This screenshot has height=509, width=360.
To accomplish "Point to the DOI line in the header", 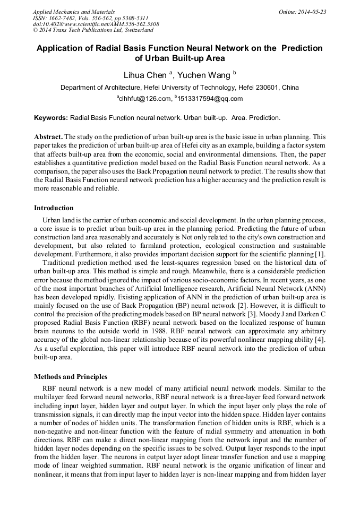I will pyautogui.click(x=96, y=24).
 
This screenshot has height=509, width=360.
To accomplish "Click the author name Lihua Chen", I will pyautogui.click(x=145, y=75).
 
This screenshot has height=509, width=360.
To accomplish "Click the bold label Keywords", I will pyautogui.click(x=51, y=117).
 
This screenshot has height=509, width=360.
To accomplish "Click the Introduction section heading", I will pyautogui.click(x=54, y=208).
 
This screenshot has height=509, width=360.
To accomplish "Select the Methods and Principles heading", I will pyautogui.click(x=71, y=377).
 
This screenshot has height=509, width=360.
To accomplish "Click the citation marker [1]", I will pyautogui.click(x=320, y=254).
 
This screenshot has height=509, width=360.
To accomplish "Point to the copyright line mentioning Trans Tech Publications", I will pyautogui.click(x=93, y=30).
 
